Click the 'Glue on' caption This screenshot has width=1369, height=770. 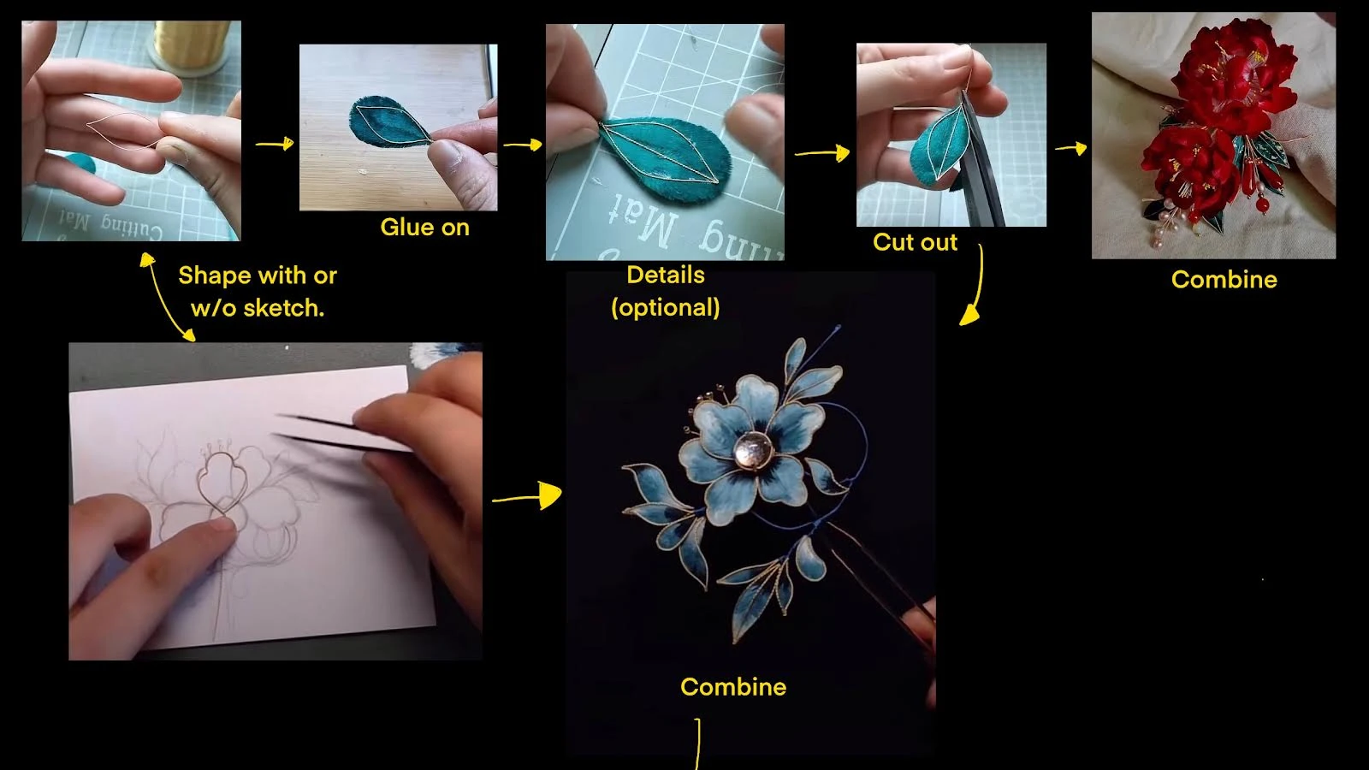pyautogui.click(x=424, y=228)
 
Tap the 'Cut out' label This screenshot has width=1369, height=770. pyautogui.click(x=915, y=242)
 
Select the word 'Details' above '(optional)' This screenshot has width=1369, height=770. pyautogui.click(x=666, y=275)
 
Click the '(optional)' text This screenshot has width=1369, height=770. pyautogui.click(x=666, y=307)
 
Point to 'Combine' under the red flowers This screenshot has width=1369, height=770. pyautogui.click(x=1224, y=280)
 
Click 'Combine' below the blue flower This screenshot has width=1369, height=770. pyautogui.click(x=733, y=687)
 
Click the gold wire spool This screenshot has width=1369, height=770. pyautogui.click(x=191, y=44)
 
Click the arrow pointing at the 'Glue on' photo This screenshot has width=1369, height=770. pyautogui.click(x=275, y=145)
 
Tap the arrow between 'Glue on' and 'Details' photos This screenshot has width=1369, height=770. pyautogui.click(x=523, y=145)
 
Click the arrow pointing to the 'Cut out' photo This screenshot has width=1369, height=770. pyautogui.click(x=822, y=153)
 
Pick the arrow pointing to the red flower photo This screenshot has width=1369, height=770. pyautogui.click(x=1070, y=148)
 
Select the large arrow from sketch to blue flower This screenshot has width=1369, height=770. pyautogui.click(x=527, y=496)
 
